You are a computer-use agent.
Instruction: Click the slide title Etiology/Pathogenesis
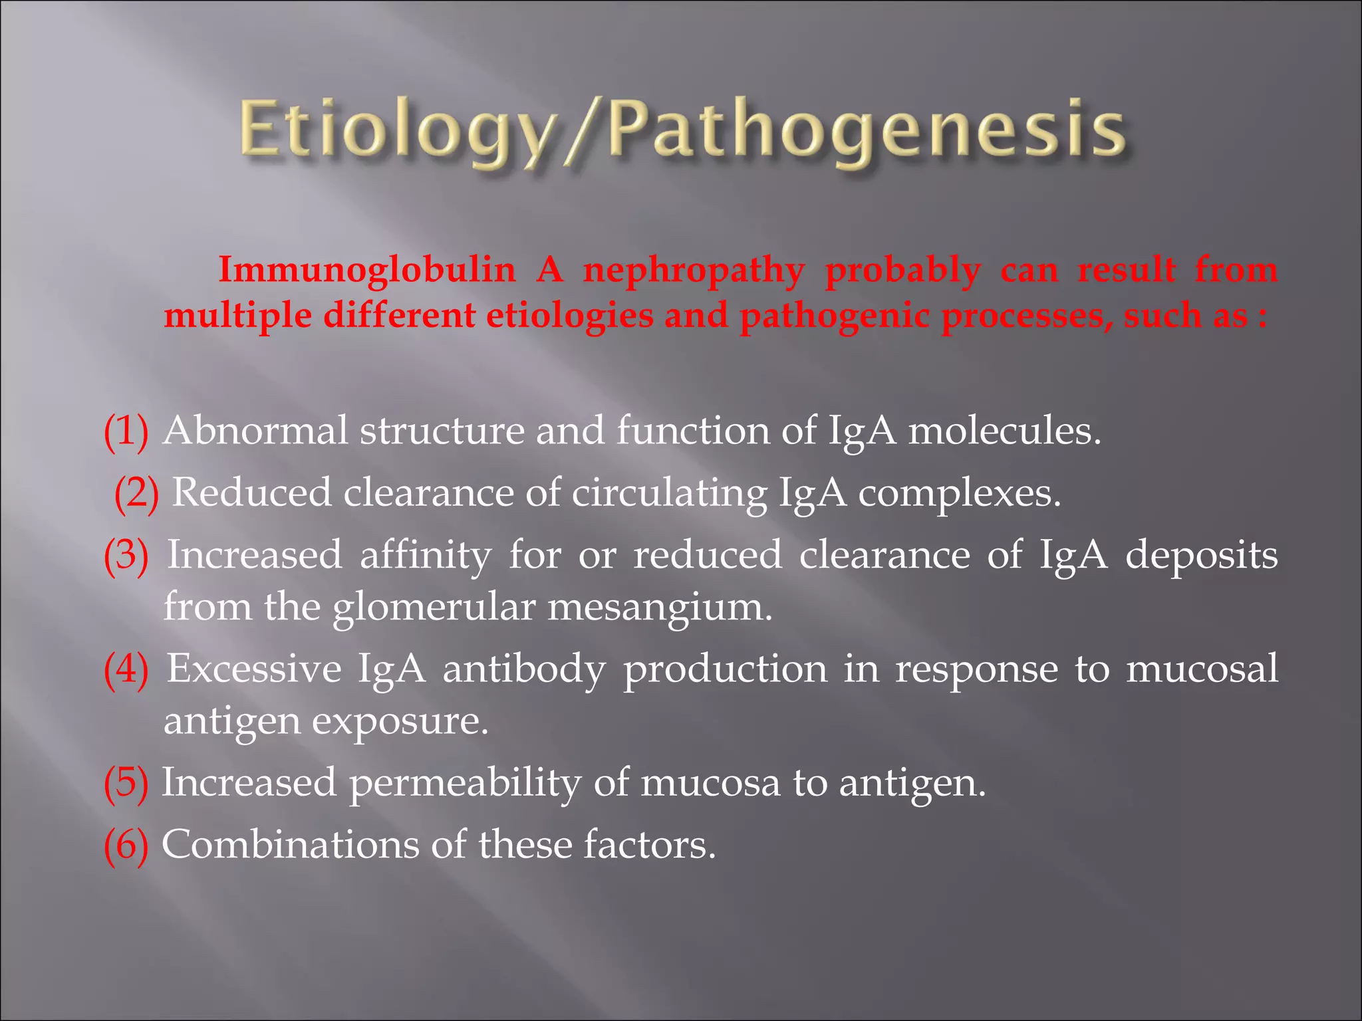tap(682, 130)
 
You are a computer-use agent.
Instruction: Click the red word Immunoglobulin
tap(366, 270)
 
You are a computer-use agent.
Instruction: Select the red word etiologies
tap(570, 315)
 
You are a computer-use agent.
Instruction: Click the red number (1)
tap(126, 432)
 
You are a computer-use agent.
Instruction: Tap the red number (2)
tap(136, 494)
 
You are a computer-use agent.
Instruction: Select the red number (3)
tap(126, 556)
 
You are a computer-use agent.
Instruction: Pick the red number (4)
tap(126, 669)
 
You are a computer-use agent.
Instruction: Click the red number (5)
tap(126, 783)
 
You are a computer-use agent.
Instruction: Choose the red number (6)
tap(126, 846)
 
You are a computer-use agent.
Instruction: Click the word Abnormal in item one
tap(255, 431)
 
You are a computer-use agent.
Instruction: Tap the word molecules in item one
tap(1004, 431)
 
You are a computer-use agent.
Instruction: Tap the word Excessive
tap(254, 668)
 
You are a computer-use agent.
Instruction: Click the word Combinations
tap(290, 845)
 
